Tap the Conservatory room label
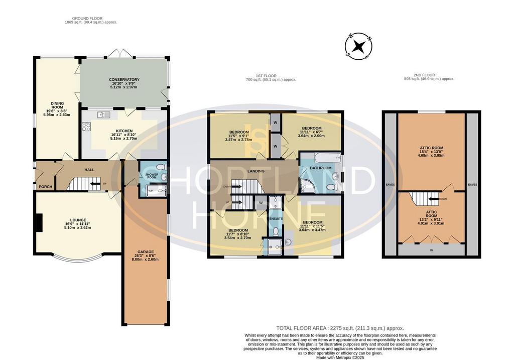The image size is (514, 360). (124, 80)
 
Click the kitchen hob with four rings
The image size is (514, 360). (86, 127)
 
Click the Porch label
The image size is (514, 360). (46, 187)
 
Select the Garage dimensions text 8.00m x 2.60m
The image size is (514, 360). (145, 260)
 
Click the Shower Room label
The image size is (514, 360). (152, 176)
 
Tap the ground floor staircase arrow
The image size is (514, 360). (95, 184)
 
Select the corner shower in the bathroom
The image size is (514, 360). (307, 185)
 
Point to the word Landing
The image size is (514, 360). (255, 171)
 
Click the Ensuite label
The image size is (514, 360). (276, 219)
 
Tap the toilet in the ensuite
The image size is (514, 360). (276, 231)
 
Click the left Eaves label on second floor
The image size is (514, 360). (390, 185)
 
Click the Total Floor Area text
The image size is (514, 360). (340, 328)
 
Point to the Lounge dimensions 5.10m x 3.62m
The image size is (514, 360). (78, 227)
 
